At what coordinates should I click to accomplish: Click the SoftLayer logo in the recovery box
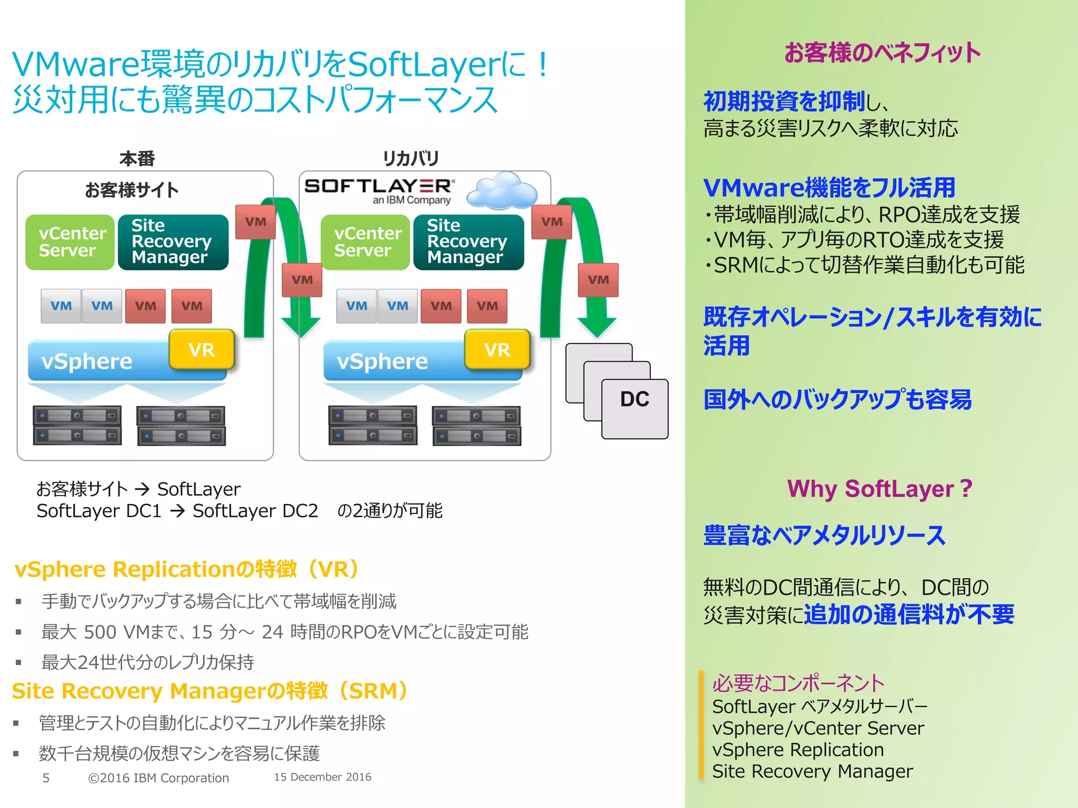379,190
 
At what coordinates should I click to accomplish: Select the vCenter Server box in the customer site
71,242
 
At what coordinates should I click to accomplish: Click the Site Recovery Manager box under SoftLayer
468,242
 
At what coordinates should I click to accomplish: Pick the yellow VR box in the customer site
202,349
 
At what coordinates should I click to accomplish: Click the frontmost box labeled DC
635,408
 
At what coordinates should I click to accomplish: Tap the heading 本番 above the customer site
137,158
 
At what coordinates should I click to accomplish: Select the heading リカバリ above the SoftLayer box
411,158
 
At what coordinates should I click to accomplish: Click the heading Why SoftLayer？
880,489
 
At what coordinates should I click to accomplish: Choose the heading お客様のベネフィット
882,53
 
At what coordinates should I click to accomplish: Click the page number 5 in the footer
46,777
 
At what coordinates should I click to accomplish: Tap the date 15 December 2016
323,777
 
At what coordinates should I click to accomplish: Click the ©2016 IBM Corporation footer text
158,777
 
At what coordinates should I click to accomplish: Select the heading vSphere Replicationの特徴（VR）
188,569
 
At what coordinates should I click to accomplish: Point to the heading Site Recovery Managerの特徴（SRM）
211,691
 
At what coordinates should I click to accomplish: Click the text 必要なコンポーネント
798,683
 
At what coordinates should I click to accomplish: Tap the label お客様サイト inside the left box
132,190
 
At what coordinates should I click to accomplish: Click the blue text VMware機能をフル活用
829,187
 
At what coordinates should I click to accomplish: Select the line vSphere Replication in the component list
798,750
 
